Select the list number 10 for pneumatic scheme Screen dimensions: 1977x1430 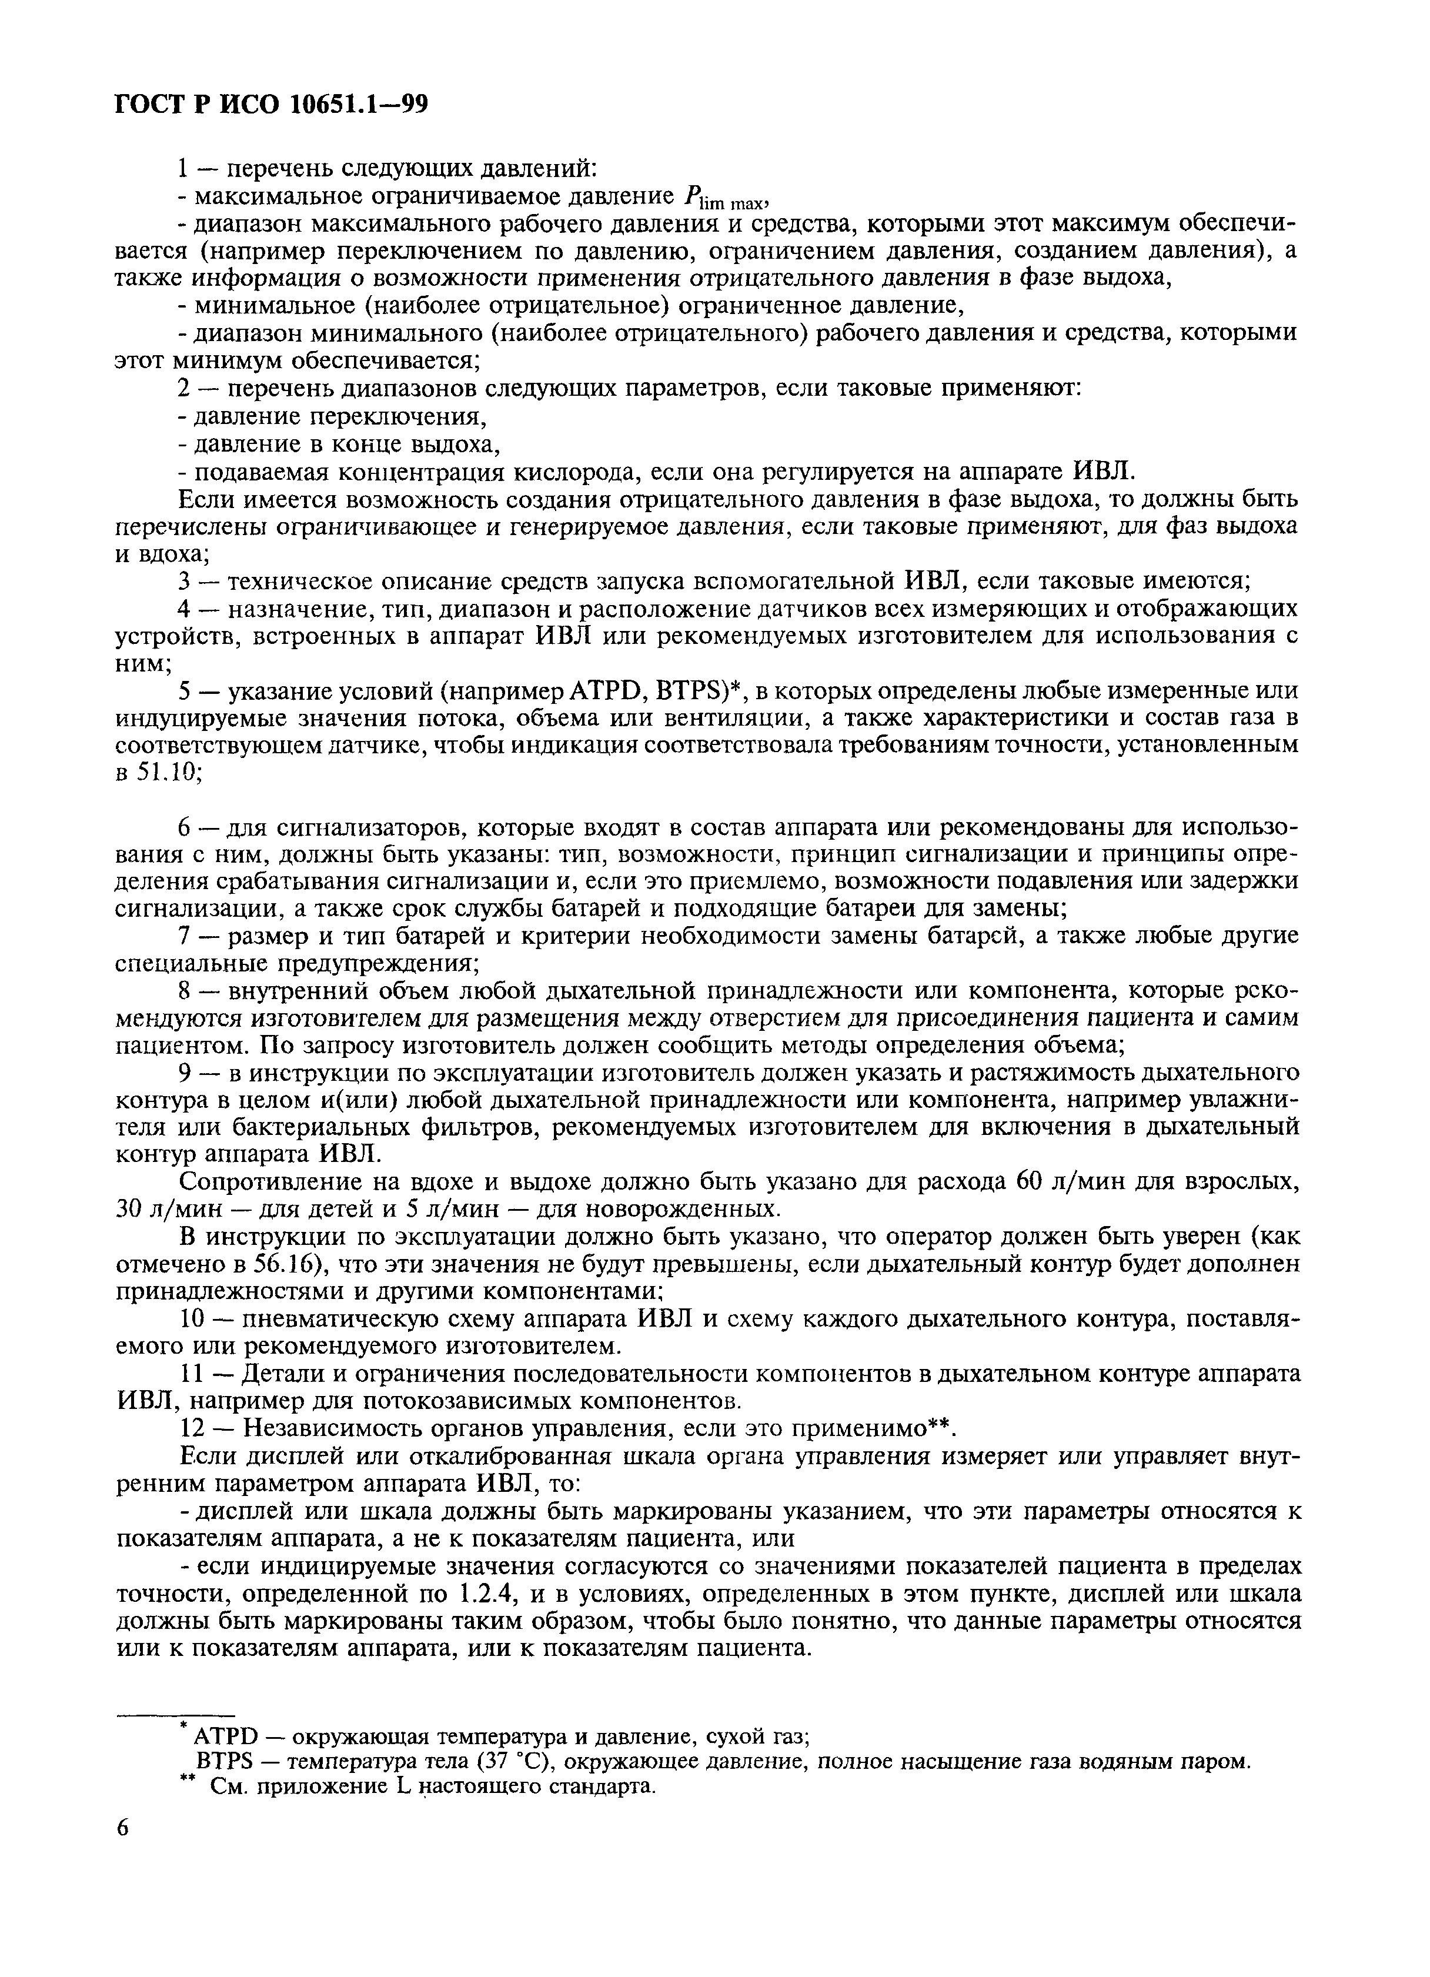pos(191,1320)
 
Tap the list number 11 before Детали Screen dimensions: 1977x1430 pos(190,1374)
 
